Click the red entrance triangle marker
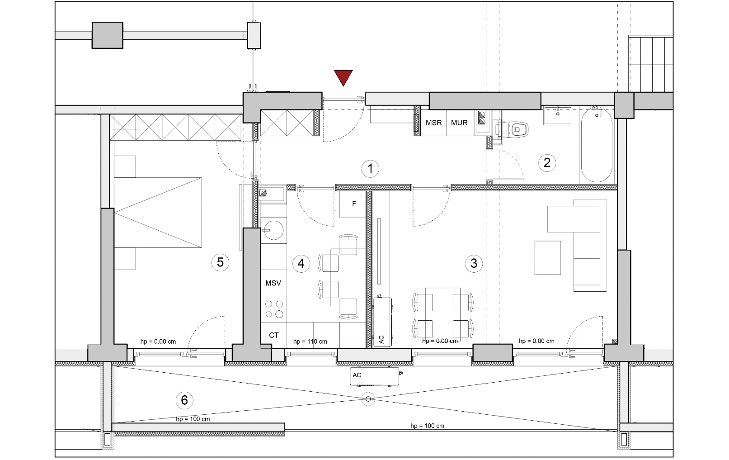tap(343, 77)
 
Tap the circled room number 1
tap(370, 169)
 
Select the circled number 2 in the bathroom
tap(547, 162)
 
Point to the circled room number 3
tap(474, 263)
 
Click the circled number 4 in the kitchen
tap(301, 263)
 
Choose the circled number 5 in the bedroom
tap(220, 262)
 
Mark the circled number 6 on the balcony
tap(184, 400)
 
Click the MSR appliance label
tap(433, 123)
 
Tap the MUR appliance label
tap(459, 123)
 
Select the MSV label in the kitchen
tap(273, 283)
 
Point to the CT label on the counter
tap(274, 335)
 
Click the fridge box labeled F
tap(353, 204)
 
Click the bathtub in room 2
tap(597, 145)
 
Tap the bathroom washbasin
tap(558, 116)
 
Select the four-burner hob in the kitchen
tap(274, 309)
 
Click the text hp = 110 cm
tap(310, 341)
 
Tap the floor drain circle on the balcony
tap(368, 399)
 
